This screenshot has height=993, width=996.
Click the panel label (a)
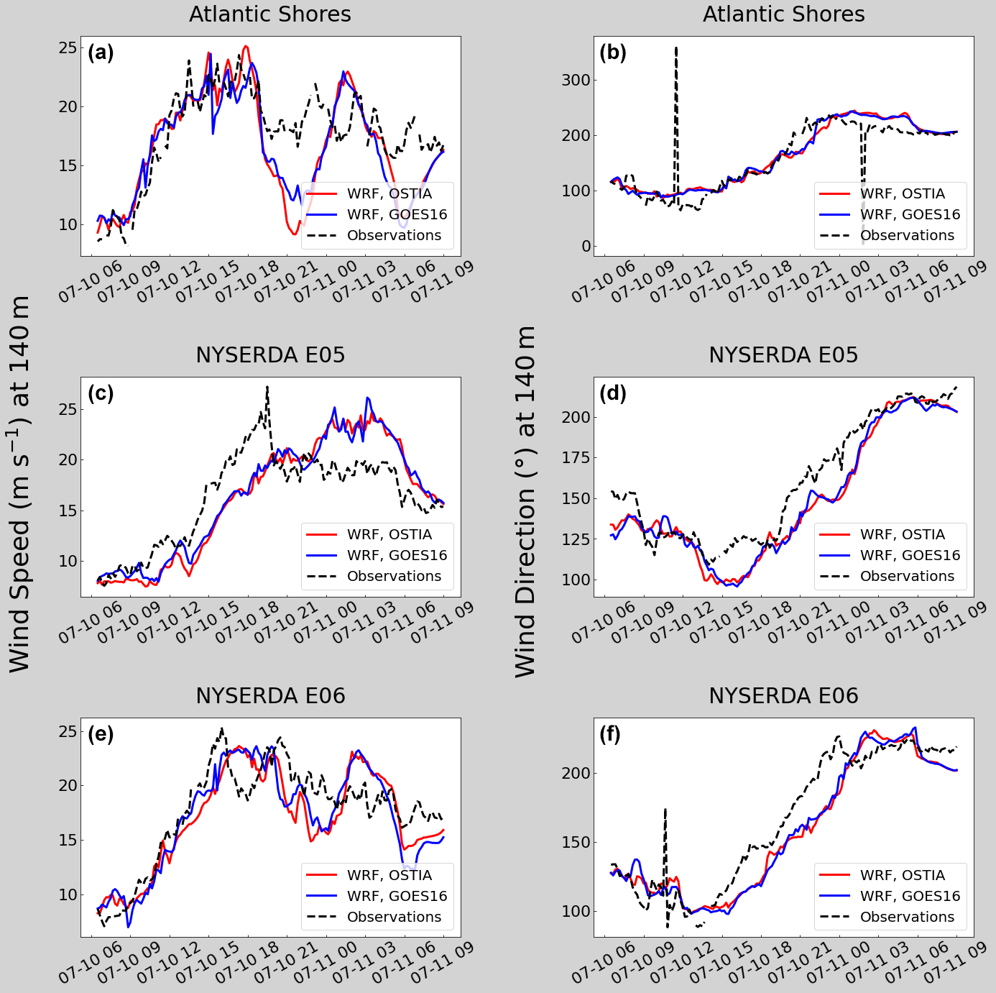pyautogui.click(x=101, y=52)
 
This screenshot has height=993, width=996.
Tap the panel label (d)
pyautogui.click(x=613, y=393)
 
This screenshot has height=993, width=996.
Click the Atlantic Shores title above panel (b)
pyautogui.click(x=783, y=14)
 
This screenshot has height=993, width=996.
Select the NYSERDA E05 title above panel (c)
pyautogui.click(x=270, y=355)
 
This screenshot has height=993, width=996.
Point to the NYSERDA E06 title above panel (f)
pyautogui.click(x=783, y=696)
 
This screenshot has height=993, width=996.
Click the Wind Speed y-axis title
pyautogui.click(x=20, y=483)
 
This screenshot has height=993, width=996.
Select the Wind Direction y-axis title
pyautogui.click(x=526, y=500)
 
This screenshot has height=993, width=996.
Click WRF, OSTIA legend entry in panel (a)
pyautogui.click(x=389, y=193)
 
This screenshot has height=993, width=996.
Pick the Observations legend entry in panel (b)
pyautogui.click(x=907, y=235)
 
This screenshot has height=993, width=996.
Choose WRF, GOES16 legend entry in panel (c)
pyautogui.click(x=397, y=555)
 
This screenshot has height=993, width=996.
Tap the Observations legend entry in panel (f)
pyautogui.click(x=907, y=917)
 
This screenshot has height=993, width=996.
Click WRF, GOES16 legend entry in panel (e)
pyautogui.click(x=397, y=896)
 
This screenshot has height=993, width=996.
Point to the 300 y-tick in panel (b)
pyautogui.click(x=576, y=80)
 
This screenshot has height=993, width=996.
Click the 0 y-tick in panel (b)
pyautogui.click(x=586, y=246)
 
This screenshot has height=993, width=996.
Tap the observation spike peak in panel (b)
pyautogui.click(x=676, y=48)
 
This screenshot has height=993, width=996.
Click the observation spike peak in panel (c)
pyautogui.click(x=267, y=387)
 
